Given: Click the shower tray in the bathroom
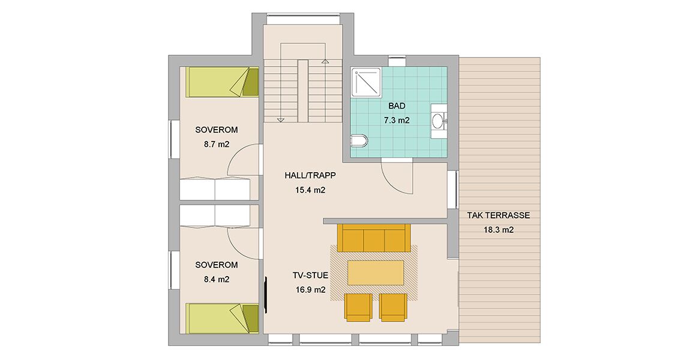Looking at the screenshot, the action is pyautogui.click(x=366, y=82).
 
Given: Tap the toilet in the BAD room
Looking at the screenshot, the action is pyautogui.click(x=359, y=141).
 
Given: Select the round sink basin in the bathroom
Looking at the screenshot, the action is pyautogui.click(x=438, y=121).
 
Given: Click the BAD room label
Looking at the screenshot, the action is pyautogui.click(x=397, y=106).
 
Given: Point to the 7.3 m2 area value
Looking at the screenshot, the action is pyautogui.click(x=397, y=120).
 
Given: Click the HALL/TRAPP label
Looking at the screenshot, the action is pyautogui.click(x=310, y=175).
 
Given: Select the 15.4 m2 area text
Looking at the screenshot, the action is pyautogui.click(x=310, y=190).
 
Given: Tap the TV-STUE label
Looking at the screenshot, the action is pyautogui.click(x=310, y=275).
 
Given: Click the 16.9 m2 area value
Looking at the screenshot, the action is pyautogui.click(x=310, y=290).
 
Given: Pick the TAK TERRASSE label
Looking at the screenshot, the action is pyautogui.click(x=499, y=215).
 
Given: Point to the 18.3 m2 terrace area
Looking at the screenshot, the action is pyautogui.click(x=499, y=230).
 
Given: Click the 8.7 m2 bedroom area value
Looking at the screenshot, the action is pyautogui.click(x=217, y=144).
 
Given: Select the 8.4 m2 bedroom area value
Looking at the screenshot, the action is pyautogui.click(x=217, y=279).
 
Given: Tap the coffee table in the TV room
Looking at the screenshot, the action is pyautogui.click(x=376, y=273).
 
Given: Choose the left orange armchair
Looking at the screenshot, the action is pyautogui.click(x=358, y=307).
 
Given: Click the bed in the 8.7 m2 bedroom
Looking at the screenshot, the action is pyautogui.click(x=222, y=82).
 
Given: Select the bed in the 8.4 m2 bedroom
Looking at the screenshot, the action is pyautogui.click(x=222, y=318).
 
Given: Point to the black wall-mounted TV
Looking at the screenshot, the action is pyautogui.click(x=265, y=295).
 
